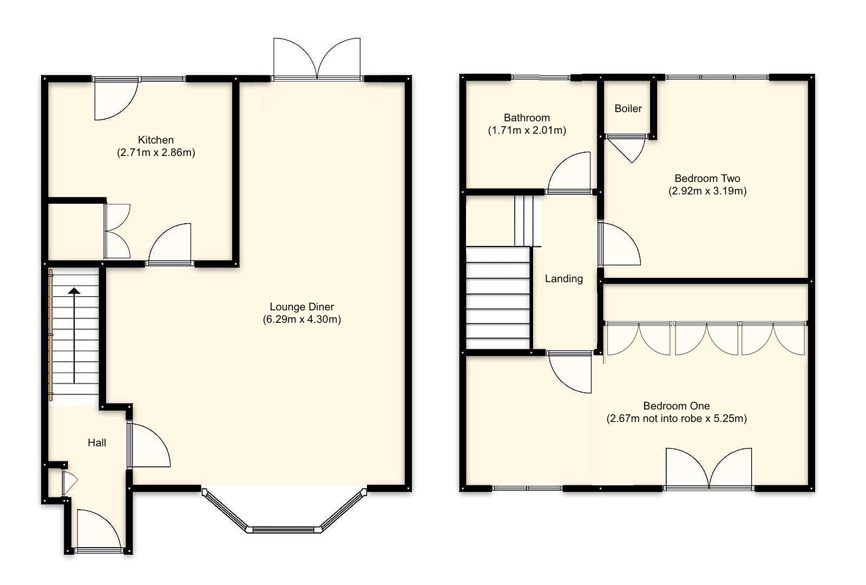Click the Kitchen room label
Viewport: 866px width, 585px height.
[156, 140]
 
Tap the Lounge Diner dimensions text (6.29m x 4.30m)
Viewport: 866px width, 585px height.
[302, 320]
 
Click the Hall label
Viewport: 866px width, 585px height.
[97, 443]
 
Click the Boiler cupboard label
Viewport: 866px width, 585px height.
[628, 108]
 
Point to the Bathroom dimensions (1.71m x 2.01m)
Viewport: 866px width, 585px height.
[527, 131]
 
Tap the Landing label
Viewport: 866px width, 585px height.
[563, 278]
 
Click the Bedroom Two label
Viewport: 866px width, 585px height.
[707, 178]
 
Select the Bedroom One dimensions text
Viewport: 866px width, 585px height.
[677, 418]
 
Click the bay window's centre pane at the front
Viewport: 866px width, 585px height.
[284, 529]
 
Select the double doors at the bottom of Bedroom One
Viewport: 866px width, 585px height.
[708, 469]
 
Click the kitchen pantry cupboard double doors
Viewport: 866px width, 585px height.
[117, 231]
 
